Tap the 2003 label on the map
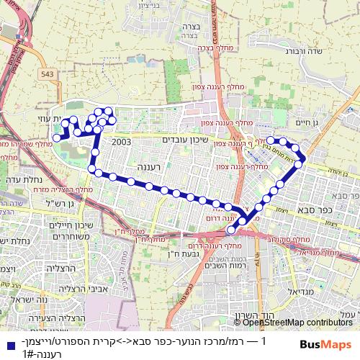[x=121, y=142]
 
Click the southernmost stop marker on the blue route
[x=231, y=230]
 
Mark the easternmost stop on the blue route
[x=303, y=157]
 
